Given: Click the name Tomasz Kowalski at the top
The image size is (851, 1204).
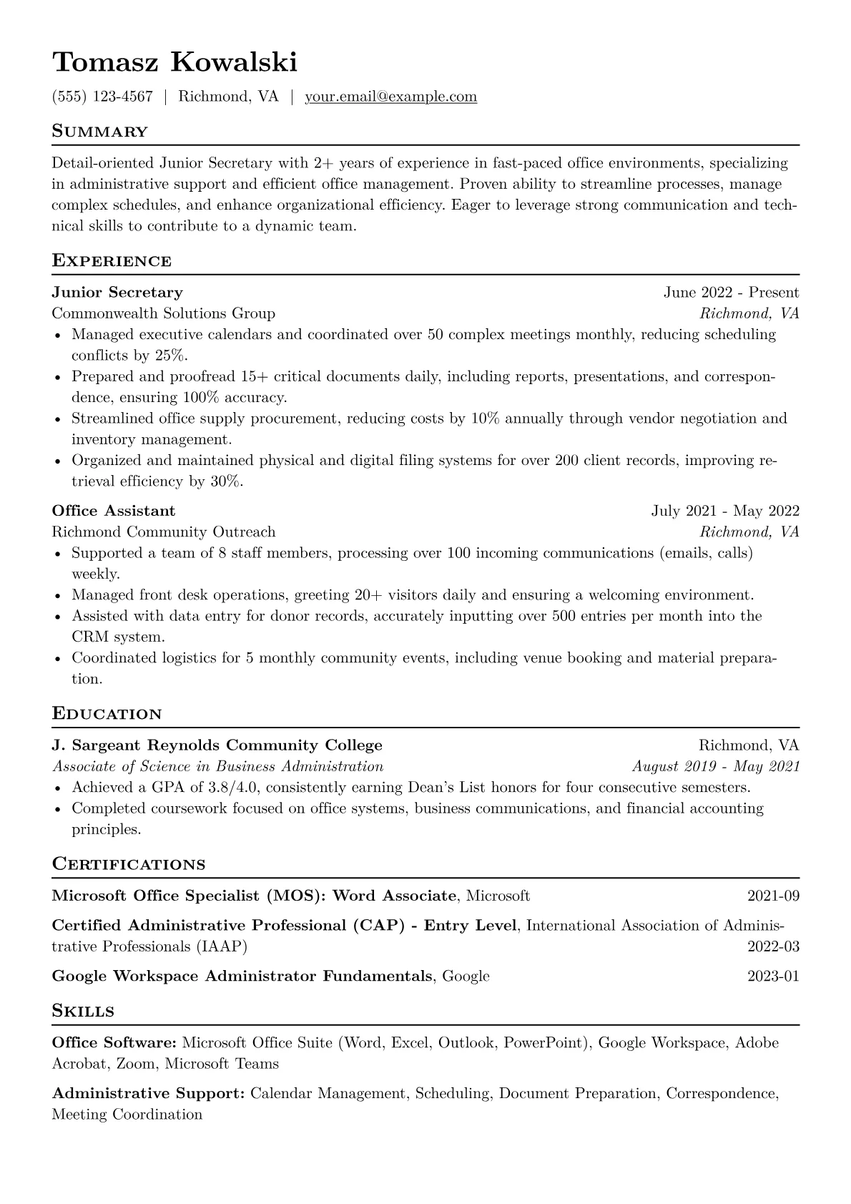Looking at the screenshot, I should (174, 63).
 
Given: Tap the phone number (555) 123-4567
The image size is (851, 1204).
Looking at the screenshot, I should (102, 97).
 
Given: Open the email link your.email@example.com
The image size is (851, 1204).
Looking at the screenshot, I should (390, 97).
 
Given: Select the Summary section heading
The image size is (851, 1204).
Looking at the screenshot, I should (100, 132).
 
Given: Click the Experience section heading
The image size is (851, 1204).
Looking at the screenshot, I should (112, 260).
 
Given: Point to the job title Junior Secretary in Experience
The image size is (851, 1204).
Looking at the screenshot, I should (117, 292).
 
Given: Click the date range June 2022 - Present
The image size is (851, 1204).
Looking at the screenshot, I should (731, 292).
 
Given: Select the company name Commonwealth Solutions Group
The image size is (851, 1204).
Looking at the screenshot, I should (163, 313).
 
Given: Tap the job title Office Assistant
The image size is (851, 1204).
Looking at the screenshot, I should (113, 511).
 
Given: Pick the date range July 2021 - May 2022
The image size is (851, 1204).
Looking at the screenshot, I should (725, 511).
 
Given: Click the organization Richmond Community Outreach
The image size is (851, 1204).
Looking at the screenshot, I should (163, 532).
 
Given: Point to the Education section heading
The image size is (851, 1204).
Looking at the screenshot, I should (107, 714).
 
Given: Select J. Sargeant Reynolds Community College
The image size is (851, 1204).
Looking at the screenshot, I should (217, 745).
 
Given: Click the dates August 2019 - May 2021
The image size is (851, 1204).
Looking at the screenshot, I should (716, 766).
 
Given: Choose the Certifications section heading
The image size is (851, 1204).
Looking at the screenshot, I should (129, 864).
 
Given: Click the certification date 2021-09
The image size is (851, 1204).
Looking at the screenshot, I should (773, 896).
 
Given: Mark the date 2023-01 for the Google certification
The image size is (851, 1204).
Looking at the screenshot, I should (773, 976).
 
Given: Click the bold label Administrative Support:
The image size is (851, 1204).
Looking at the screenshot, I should (149, 1093).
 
